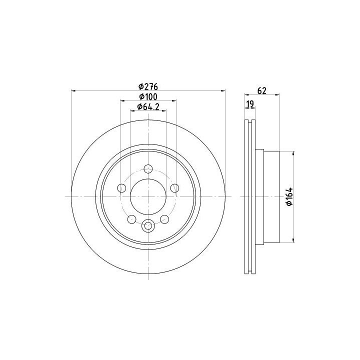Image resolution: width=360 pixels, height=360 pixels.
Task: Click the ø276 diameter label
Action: point(148,87)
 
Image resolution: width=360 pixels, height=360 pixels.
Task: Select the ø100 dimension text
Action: point(148,97)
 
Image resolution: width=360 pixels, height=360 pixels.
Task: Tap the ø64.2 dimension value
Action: point(148,107)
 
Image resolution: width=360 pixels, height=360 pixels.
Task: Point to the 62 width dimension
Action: point(261,90)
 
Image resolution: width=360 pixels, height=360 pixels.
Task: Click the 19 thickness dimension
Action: point(250,104)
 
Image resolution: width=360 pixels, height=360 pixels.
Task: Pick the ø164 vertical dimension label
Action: point(289,196)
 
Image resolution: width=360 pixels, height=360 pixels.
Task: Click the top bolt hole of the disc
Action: point(148,169)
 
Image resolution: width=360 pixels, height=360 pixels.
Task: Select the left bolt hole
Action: point(121,188)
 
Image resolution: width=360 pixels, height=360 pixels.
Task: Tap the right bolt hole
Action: point(174,188)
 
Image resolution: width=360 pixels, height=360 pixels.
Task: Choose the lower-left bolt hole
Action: point(132,219)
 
